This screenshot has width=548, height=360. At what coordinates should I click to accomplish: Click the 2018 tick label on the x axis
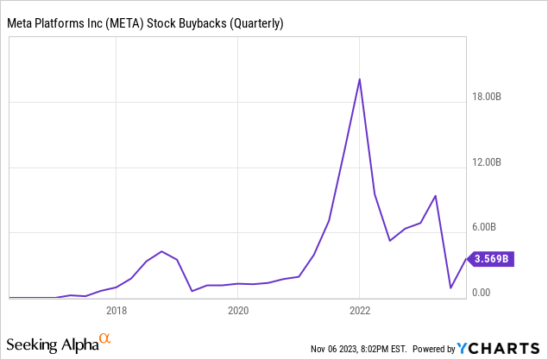point(117,310)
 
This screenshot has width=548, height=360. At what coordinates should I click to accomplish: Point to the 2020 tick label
point(238,310)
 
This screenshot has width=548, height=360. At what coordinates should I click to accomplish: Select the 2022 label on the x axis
point(360,310)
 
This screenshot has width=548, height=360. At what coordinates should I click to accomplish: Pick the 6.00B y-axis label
point(496,227)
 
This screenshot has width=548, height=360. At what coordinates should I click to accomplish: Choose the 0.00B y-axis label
point(496,292)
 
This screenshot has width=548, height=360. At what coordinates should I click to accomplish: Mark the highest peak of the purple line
point(360,79)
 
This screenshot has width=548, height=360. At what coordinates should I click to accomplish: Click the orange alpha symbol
point(105,339)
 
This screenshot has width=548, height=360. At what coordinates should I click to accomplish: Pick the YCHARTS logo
point(501,348)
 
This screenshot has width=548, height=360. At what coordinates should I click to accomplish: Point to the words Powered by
point(433,349)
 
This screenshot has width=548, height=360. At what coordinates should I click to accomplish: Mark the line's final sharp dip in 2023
point(450,287)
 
